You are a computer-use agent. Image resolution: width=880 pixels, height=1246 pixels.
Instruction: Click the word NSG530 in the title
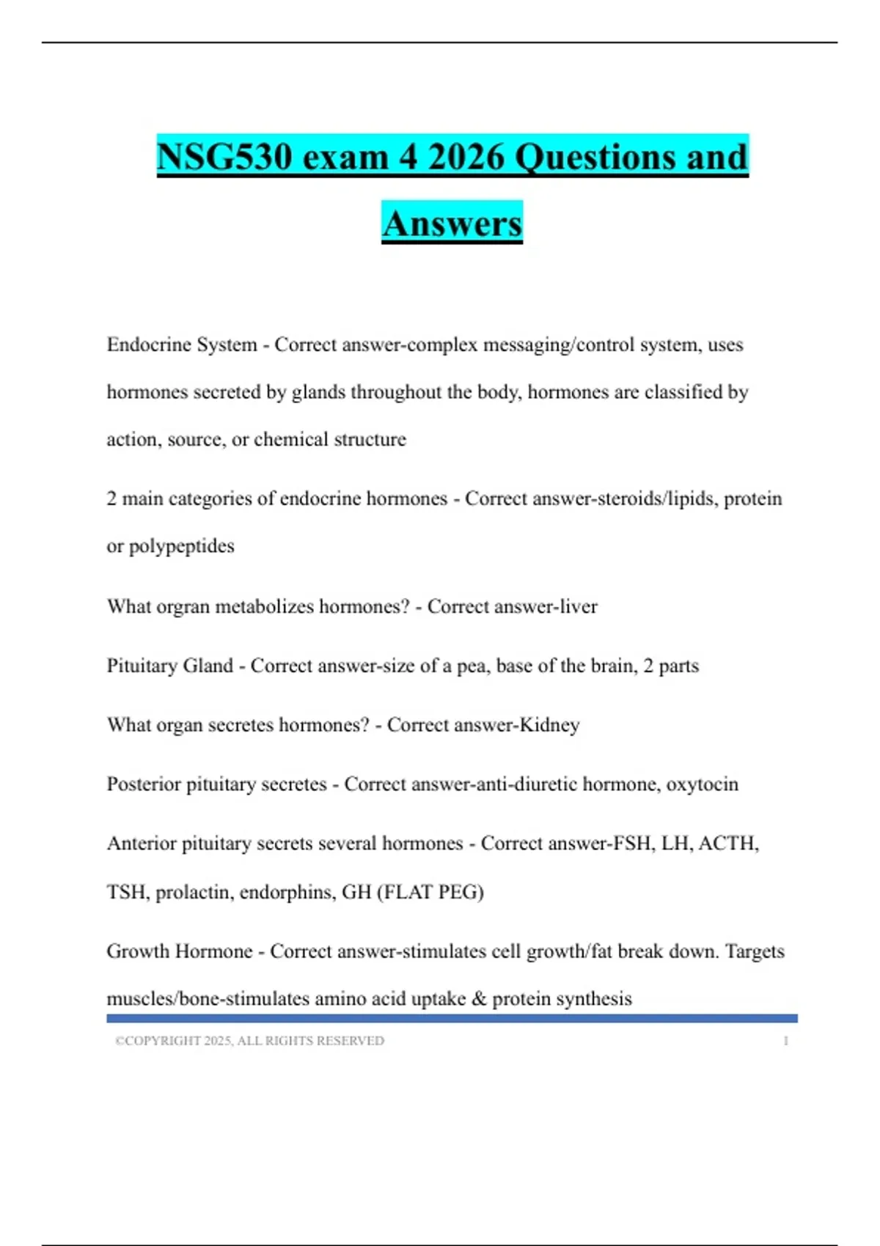pos(223,157)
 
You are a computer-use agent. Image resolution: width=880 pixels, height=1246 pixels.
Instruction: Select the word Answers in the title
pos(452,224)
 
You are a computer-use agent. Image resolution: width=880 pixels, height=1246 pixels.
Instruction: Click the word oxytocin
pos(702,784)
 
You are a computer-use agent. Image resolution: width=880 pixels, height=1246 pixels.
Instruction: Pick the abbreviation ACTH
pos(728,844)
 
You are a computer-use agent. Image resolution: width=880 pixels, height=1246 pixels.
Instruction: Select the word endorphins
pos(285,892)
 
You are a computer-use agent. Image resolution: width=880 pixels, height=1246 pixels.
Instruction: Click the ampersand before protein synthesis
pos(479,999)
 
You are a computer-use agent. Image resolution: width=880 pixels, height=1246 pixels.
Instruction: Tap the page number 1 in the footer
pos(785,1041)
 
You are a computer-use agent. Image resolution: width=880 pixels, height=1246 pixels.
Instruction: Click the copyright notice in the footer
pos(249,1041)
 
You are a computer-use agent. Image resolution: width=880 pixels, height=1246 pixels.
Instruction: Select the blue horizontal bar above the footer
pos(452,1018)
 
